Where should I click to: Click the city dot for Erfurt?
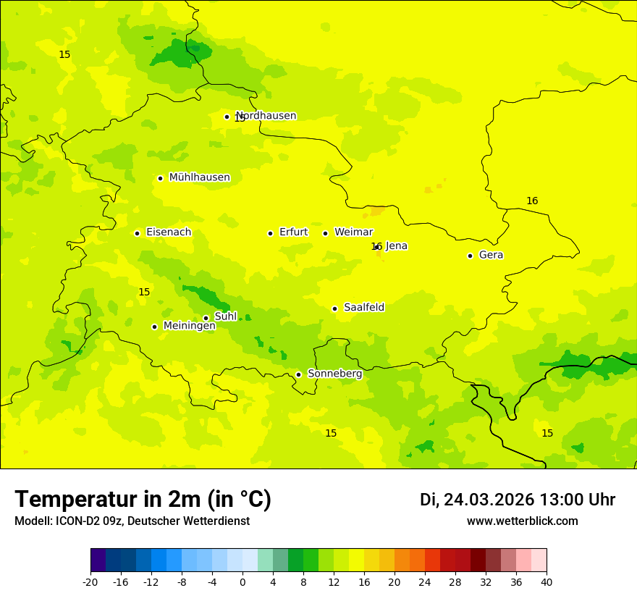click(270, 233)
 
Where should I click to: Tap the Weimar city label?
click(353, 232)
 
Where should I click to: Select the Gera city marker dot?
click(470, 256)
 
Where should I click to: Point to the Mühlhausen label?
click(199, 177)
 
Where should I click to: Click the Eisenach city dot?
click(137, 233)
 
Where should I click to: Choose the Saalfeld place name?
click(363, 308)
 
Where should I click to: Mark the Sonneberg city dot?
click(298, 374)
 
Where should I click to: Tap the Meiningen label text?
click(189, 326)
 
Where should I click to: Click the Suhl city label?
click(226, 316)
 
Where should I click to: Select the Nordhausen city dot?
click(227, 117)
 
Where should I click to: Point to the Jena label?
click(396, 246)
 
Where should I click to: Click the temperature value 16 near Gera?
click(532, 201)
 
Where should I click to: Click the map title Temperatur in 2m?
click(143, 500)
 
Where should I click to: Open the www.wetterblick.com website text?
click(522, 521)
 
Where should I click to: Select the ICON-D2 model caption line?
click(132, 521)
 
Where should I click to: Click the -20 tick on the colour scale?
click(90, 582)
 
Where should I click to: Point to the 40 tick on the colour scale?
click(547, 582)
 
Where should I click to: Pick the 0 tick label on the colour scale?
click(242, 582)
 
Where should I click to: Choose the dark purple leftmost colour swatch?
click(98, 560)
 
